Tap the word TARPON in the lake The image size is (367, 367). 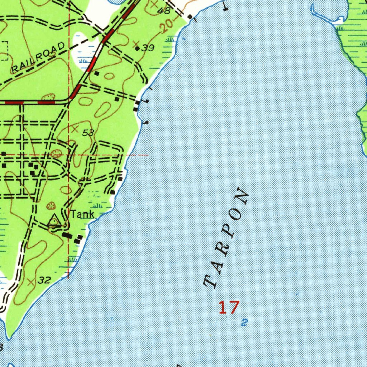(226, 238)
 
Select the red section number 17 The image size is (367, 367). (229, 308)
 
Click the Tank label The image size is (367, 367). (82, 215)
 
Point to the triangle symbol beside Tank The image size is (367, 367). (54, 220)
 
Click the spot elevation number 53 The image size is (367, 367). (88, 133)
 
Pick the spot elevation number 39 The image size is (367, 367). (148, 48)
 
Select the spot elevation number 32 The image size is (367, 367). (44, 280)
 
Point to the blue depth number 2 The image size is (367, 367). (244, 322)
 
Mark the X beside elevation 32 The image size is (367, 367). (31, 282)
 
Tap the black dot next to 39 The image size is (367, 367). (137, 48)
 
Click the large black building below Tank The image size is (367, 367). (67, 235)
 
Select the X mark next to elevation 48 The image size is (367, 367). (154, 5)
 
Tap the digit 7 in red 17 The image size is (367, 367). (234, 308)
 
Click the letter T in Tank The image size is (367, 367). (73, 215)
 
